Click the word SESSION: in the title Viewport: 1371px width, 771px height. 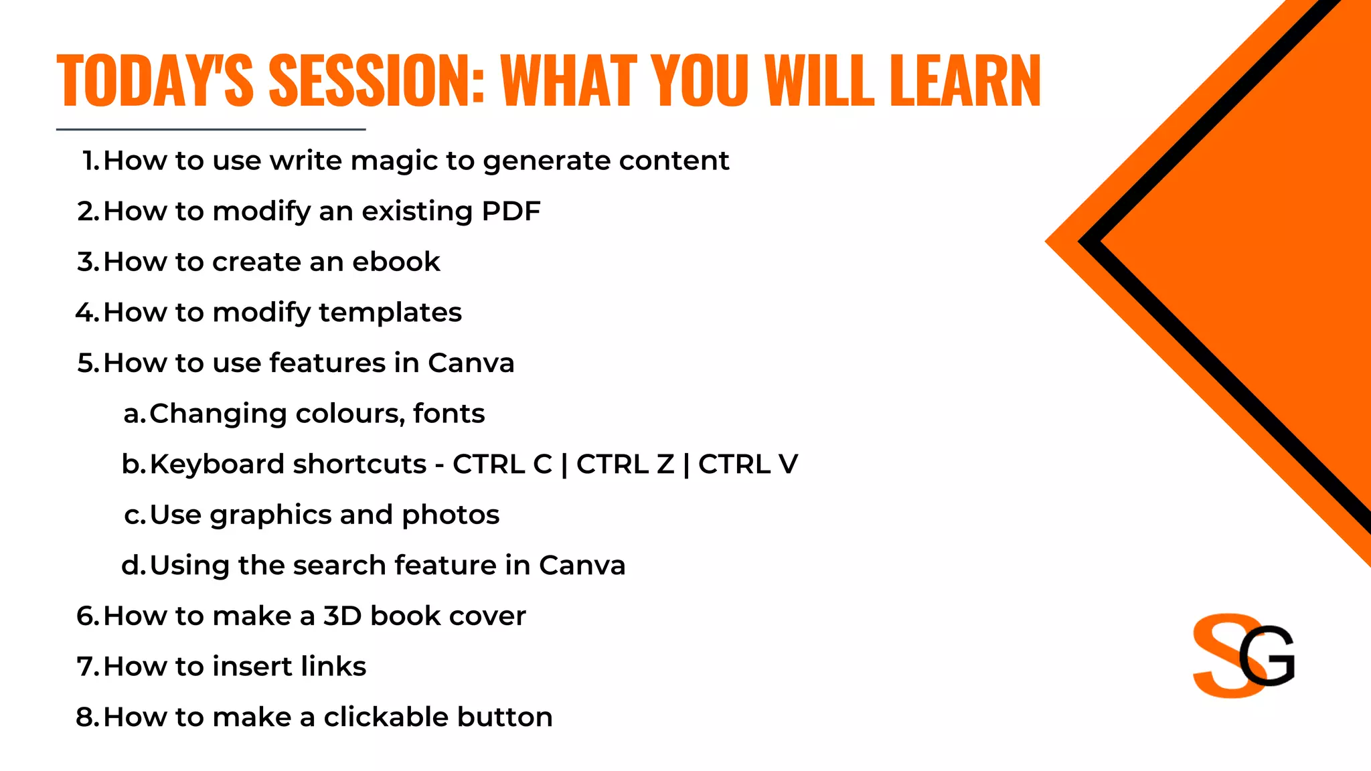coord(376,80)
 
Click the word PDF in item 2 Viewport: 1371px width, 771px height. coord(511,211)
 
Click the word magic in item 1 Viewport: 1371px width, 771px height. coord(394,161)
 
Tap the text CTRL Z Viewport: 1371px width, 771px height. coord(625,464)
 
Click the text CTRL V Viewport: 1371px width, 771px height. coord(748,464)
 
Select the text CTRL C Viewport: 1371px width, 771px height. coord(502,464)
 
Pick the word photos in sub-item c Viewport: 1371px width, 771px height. coord(451,515)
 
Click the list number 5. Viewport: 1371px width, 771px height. coord(87,363)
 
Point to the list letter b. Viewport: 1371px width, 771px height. coord(133,464)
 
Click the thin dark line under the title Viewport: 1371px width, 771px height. coord(211,129)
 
